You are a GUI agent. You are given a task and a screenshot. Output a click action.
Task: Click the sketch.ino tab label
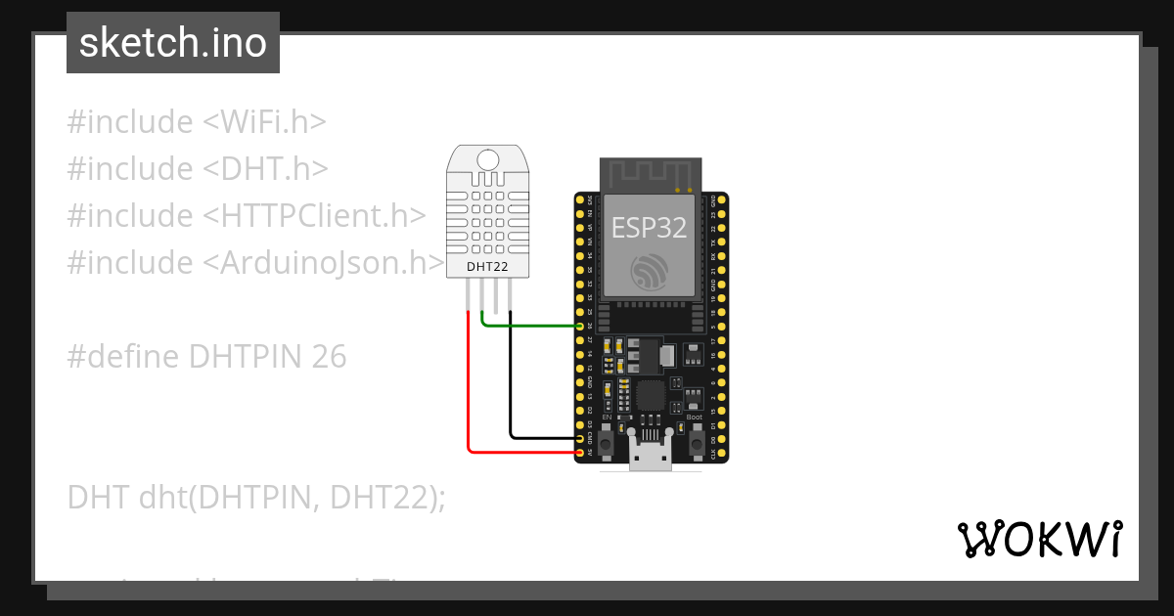pos(173,43)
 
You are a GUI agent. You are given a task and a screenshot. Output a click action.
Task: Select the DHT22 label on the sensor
pos(486,265)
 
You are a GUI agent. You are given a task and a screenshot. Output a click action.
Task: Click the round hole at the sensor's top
pos(486,157)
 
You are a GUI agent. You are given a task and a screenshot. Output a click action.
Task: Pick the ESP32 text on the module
pos(649,228)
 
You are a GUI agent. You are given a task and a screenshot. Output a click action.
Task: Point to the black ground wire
pos(511,391)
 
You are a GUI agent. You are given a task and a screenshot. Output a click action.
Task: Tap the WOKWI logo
pos(1039,539)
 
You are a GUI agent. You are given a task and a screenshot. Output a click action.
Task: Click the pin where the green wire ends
pos(580,326)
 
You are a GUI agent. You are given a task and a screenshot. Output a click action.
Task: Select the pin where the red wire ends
pos(580,453)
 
